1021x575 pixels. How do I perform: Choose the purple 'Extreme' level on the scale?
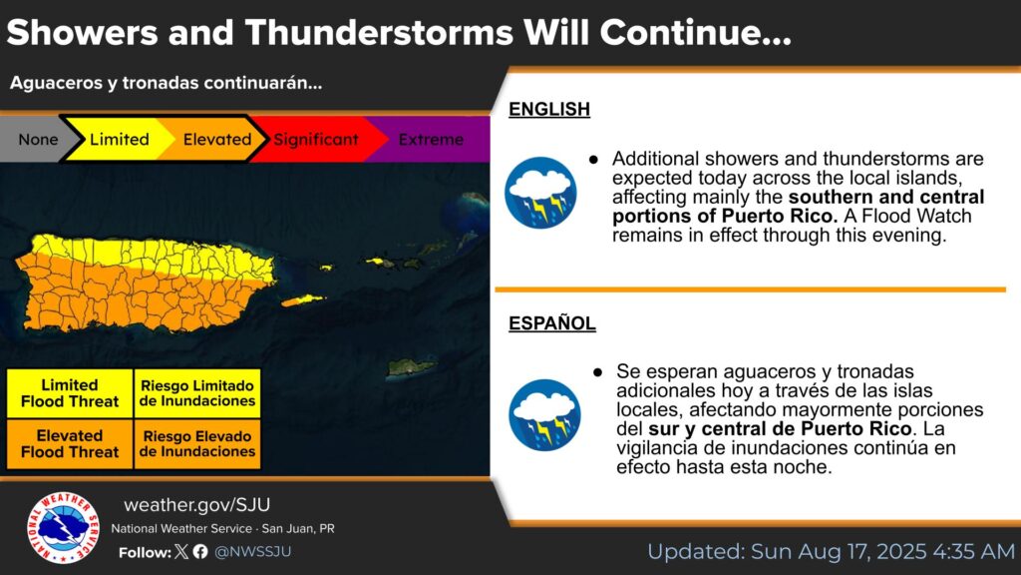tap(431, 139)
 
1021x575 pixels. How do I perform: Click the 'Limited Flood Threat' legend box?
tap(70, 393)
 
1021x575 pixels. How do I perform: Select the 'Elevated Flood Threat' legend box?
tap(70, 444)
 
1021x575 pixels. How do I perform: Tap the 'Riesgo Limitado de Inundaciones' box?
tap(197, 393)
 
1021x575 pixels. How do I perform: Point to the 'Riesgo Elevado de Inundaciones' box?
tap(197, 444)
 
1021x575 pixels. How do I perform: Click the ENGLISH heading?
tap(549, 109)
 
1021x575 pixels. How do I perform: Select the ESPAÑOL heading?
tap(552, 323)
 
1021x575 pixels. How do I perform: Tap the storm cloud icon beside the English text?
tap(540, 193)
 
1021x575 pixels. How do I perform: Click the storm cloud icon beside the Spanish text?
tap(544, 414)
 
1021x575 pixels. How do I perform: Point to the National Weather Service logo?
tap(63, 527)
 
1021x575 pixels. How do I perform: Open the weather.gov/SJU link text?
tap(196, 504)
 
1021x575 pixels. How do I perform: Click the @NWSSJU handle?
tap(252, 551)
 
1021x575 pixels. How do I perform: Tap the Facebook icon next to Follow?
tap(200, 551)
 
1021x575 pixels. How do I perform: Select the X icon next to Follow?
tap(181, 551)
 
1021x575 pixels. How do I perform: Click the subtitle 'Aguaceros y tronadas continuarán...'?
tap(167, 84)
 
